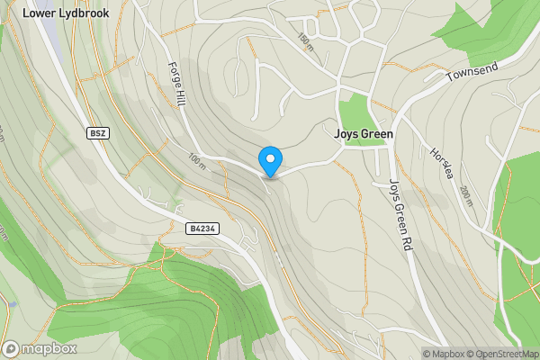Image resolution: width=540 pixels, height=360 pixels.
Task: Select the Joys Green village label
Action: tap(364, 133)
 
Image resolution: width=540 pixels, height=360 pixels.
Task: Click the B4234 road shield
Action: tap(202, 229)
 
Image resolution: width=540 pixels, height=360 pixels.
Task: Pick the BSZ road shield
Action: tap(98, 133)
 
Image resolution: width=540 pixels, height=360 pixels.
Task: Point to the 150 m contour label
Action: tap(307, 40)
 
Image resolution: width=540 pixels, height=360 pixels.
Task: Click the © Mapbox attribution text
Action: tap(450, 354)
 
